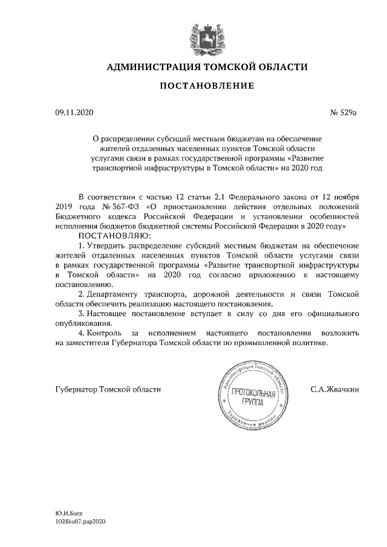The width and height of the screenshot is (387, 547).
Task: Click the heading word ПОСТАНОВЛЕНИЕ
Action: (x=206, y=86)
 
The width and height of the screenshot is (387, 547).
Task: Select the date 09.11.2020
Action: (x=71, y=112)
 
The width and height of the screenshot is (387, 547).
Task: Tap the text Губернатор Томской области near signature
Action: (x=108, y=390)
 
